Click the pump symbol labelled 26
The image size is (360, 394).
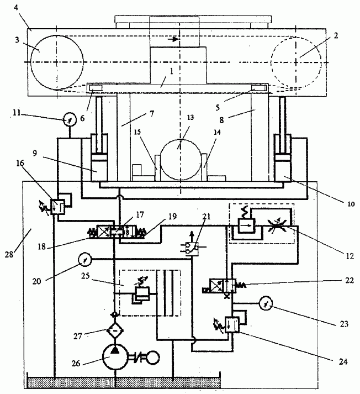point(115,357)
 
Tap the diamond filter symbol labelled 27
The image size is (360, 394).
point(115,330)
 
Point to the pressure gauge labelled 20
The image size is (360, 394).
point(85,259)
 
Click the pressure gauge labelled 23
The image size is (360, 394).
point(266,303)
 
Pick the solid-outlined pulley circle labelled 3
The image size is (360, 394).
point(57,62)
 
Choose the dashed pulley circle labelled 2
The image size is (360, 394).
point(296,63)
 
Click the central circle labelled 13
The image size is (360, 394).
point(181,160)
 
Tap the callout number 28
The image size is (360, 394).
point(9,254)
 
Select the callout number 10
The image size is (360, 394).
point(351,204)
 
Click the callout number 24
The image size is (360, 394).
point(343,361)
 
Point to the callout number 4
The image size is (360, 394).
point(16,8)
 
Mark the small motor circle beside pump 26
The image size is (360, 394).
point(152,358)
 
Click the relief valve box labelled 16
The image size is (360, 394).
point(58,207)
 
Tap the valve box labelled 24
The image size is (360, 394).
point(232,324)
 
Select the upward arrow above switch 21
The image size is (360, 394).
point(192,237)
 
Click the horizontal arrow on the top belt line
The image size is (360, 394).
point(176,39)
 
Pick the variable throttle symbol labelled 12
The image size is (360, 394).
point(276,225)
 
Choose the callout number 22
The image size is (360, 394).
point(350,280)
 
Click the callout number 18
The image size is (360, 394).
point(41,246)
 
